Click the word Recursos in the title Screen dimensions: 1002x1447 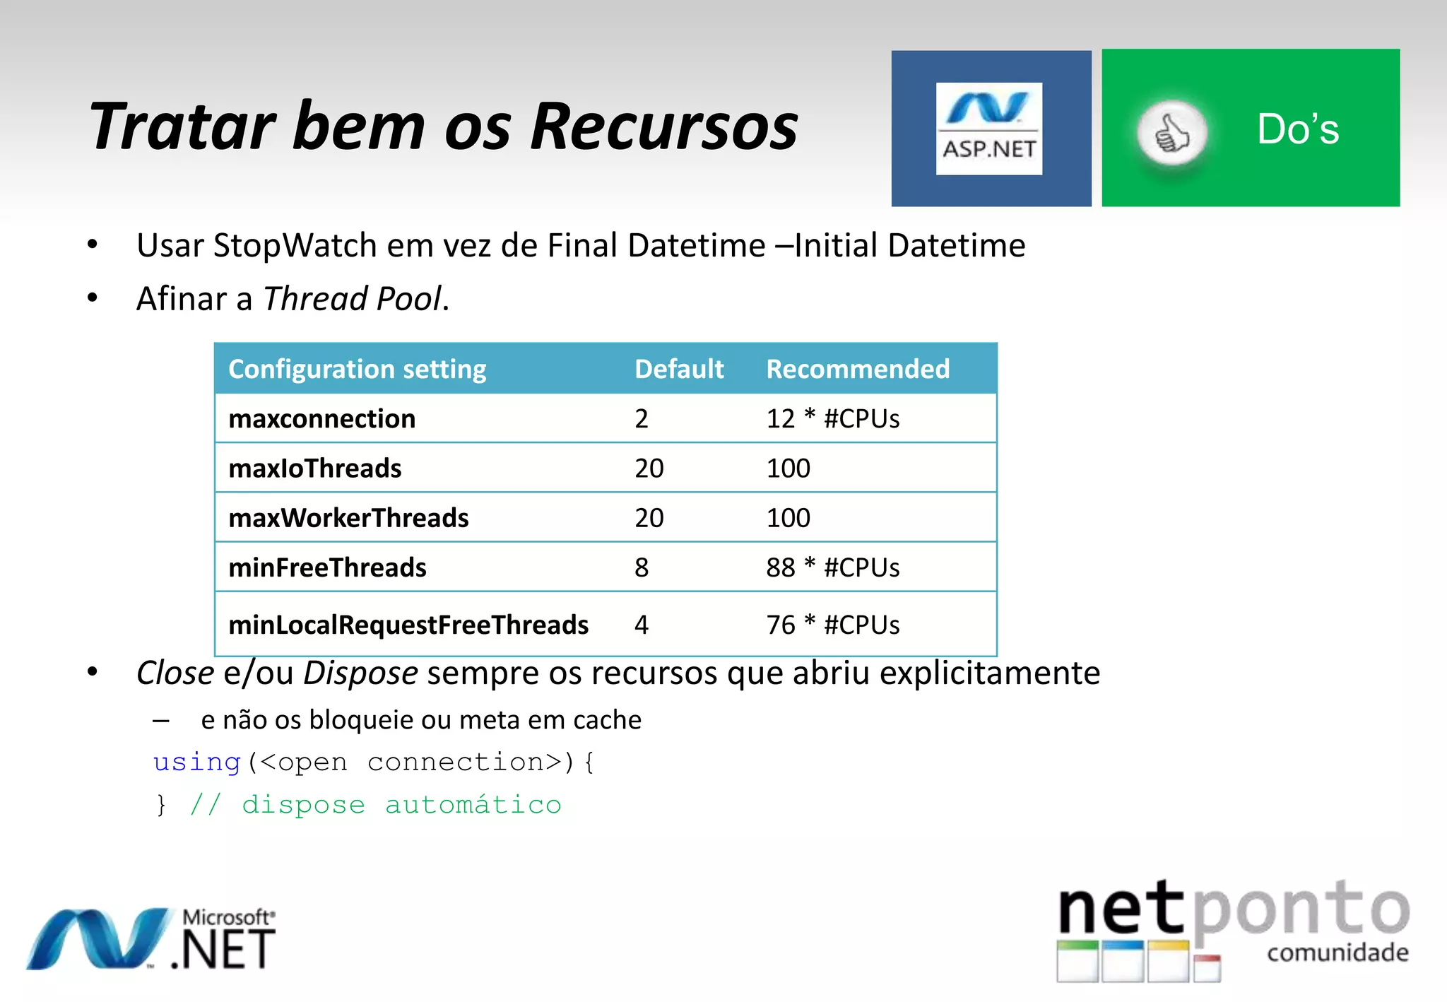point(664,127)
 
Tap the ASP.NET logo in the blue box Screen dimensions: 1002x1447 point(988,129)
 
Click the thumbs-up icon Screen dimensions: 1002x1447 point(1171,134)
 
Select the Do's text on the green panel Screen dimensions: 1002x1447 point(1297,129)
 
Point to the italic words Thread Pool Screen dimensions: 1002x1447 point(353,299)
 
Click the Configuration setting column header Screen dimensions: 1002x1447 point(358,369)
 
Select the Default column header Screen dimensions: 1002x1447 point(678,369)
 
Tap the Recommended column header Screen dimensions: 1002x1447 point(858,369)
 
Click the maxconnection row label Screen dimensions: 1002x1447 point(322,419)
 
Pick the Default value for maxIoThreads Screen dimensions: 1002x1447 point(649,468)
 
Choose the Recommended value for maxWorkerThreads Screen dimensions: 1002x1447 point(788,518)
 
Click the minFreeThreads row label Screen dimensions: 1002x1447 point(327,567)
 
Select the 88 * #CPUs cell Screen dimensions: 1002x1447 point(832,567)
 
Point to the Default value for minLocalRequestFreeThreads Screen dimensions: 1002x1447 point(641,625)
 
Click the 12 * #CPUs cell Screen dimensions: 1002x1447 point(832,419)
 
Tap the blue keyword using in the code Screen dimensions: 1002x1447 point(197,762)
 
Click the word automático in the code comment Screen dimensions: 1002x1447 point(473,805)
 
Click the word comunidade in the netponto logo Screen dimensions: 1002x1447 point(1337,953)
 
